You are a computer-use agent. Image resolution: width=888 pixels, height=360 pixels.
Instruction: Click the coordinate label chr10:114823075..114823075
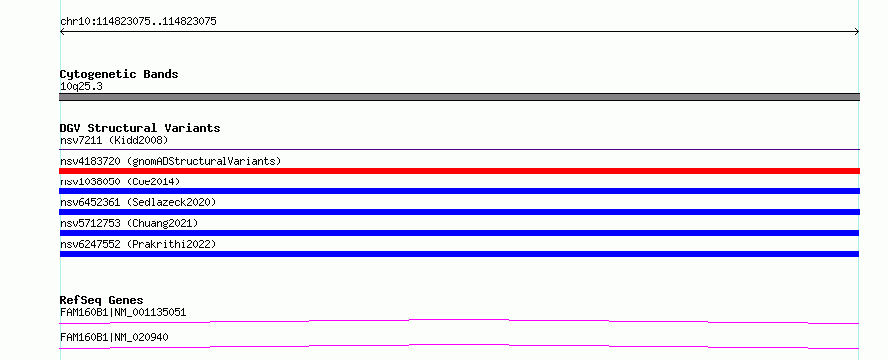[138, 22]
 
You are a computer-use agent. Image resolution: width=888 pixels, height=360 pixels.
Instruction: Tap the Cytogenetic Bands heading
[119, 74]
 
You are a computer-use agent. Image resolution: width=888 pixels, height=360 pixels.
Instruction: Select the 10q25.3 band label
[81, 87]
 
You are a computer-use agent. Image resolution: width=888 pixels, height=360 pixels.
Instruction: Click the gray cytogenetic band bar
[459, 97]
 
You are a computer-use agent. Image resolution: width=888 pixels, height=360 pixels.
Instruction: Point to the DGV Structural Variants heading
[140, 128]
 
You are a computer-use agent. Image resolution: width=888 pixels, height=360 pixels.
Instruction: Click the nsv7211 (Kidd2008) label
[114, 140]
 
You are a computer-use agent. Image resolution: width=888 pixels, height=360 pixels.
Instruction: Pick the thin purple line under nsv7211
[459, 149]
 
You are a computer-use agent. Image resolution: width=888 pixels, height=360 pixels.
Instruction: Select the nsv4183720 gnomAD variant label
[171, 161]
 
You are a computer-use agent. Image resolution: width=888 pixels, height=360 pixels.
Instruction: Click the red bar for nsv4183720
[459, 171]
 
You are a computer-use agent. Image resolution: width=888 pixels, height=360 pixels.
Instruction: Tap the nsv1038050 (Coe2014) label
[120, 181]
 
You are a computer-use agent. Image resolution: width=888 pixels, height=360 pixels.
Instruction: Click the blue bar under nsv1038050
[459, 191]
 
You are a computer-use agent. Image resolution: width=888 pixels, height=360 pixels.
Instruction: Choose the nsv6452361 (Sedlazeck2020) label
[138, 202]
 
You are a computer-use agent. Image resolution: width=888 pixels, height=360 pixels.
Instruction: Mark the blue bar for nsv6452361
[459, 212]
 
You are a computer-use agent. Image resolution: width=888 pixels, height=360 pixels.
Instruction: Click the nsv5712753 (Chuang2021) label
[129, 223]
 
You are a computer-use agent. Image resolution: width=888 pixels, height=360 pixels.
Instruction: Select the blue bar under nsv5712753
[459, 233]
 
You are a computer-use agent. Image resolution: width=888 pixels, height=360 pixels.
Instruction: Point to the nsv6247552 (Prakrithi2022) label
[138, 244]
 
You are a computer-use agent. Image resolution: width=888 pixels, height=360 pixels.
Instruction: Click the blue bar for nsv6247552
[459, 254]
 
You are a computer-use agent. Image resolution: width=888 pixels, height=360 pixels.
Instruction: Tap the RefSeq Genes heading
[102, 300]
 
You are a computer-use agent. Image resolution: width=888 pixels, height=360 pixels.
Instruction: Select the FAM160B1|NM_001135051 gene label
[123, 312]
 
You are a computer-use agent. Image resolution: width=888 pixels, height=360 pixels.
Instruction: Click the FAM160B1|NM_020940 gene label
[114, 337]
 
